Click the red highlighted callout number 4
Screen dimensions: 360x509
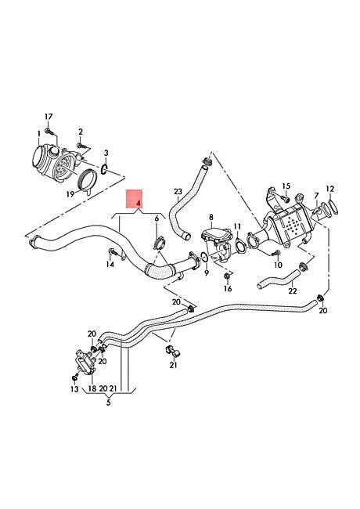[139, 204]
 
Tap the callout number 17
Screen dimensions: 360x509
[49, 117]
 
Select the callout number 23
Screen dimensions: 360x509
[178, 192]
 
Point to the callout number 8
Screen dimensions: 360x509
[211, 217]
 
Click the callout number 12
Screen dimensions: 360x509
[329, 189]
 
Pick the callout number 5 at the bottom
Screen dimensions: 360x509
[108, 403]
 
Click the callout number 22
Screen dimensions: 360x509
[293, 291]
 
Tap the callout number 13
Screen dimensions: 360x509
[74, 389]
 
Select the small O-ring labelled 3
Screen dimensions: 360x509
[104, 169]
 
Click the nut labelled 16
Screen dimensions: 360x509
[228, 276]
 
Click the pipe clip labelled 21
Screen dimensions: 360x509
[172, 352]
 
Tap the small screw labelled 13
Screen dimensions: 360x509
[75, 378]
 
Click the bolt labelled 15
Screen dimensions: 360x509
[284, 197]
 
